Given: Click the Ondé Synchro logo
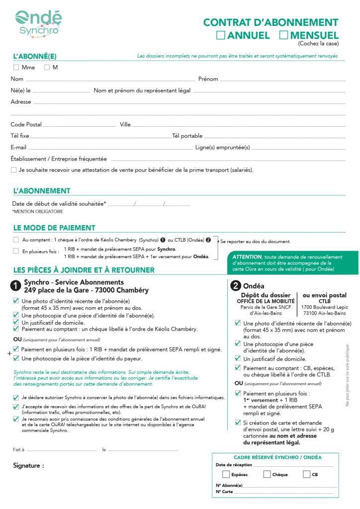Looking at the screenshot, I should tap(38, 24).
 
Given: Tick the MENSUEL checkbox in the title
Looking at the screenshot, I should tap(283, 35).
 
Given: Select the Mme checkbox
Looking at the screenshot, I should tap(16, 67).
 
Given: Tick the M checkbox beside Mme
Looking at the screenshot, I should tap(47, 67).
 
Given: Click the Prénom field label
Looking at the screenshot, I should tap(208, 79).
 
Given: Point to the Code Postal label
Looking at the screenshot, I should tap(26, 125).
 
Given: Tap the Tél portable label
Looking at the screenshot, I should tap(187, 136).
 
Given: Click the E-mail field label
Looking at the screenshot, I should tap(18, 147).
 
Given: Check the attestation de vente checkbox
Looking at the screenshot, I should tap(14, 170).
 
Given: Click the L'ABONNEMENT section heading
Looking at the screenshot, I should tap(42, 191).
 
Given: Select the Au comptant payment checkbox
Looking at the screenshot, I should tap(16, 240).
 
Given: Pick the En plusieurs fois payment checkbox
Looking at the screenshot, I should tap(16, 251).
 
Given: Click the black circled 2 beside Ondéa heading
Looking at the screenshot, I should tap(236, 286).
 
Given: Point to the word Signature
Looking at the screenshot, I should tap(28, 466).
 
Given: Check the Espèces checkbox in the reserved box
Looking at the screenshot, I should tap(226, 474).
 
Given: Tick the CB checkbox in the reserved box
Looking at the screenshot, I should tap(306, 474).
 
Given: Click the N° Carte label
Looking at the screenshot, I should tap(224, 492).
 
